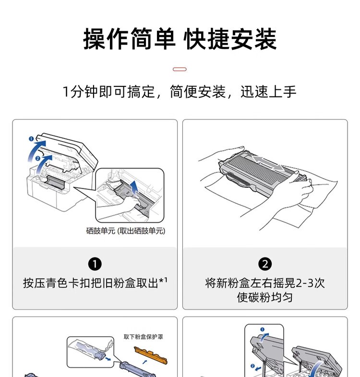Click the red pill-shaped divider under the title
pyautogui.click(x=180, y=69)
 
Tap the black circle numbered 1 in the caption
pyautogui.click(x=95, y=264)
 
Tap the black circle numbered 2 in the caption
pyautogui.click(x=265, y=264)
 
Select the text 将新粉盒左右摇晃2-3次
pyautogui.click(x=265, y=283)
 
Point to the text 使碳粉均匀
pyautogui.click(x=265, y=298)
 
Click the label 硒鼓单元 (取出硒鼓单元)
pyautogui.click(x=125, y=231)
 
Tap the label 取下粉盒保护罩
pyautogui.click(x=143, y=337)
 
